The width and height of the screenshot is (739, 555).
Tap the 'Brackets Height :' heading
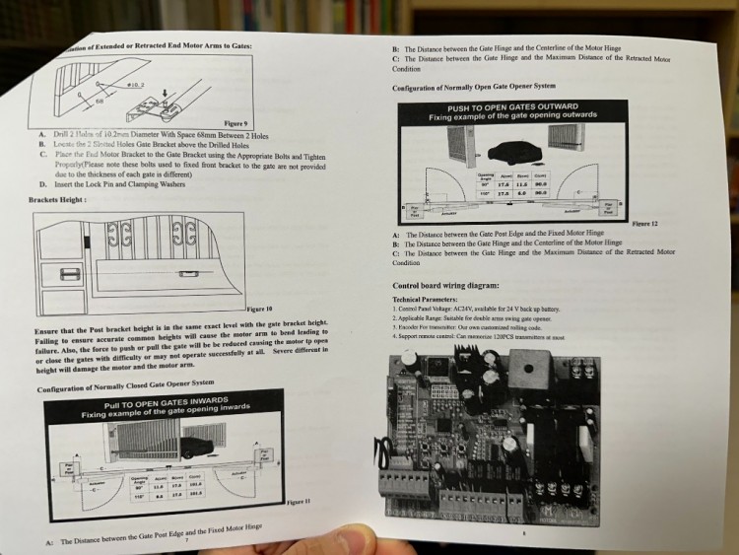[x=57, y=200]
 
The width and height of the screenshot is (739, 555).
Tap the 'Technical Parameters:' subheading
[x=425, y=299]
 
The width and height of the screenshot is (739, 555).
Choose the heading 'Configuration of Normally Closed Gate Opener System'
[x=124, y=381]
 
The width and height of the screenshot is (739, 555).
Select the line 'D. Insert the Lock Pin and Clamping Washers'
[x=114, y=183]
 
